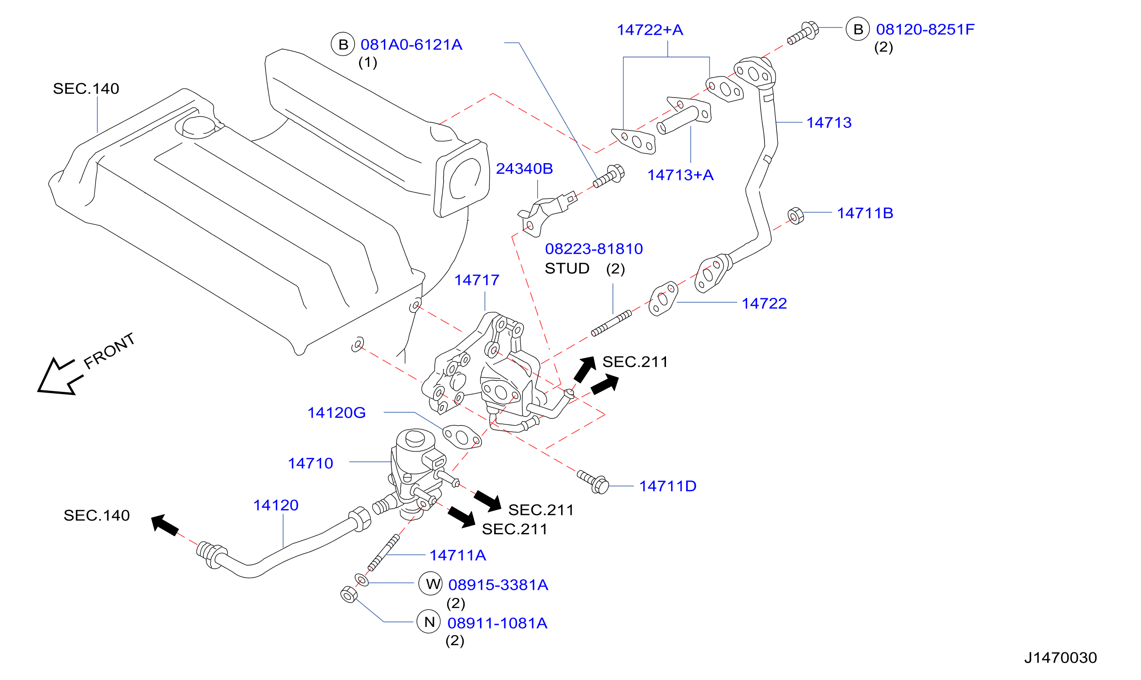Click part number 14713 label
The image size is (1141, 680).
coord(829,123)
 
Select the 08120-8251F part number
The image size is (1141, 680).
coord(925,29)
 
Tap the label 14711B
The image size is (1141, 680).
coord(865,213)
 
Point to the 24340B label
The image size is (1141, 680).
coord(524,169)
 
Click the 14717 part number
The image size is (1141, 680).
coord(477,280)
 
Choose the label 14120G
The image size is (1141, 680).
coord(336,413)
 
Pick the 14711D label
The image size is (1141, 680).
coord(668,486)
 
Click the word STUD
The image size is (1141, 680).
coord(567,269)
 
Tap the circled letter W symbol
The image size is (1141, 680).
coord(431,584)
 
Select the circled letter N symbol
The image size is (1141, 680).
coord(429,622)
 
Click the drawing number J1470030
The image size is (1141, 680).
coord(1060,658)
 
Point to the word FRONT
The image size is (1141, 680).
coord(109,351)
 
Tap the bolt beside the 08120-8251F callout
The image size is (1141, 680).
coord(803,33)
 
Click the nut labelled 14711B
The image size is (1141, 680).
coord(796,216)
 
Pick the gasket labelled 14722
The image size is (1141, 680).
coord(663,298)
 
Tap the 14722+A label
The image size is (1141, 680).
coord(650,30)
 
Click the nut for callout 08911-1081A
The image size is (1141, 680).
coord(349,594)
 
